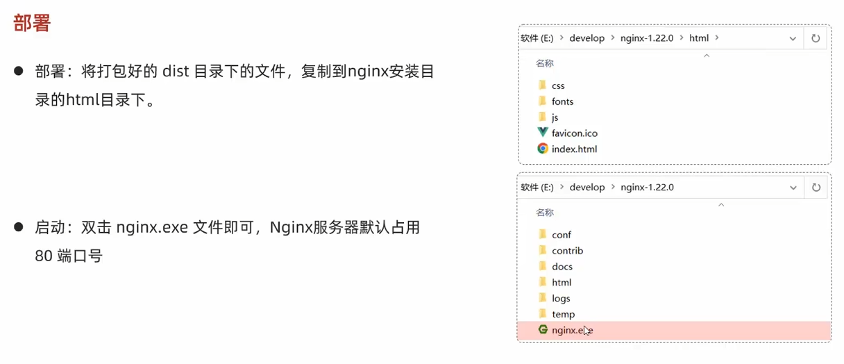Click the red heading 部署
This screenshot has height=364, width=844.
tap(32, 22)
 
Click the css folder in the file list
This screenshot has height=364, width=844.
tap(558, 85)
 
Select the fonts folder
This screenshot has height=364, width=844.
tap(562, 101)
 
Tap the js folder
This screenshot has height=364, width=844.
tap(555, 117)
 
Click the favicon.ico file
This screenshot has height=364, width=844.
tap(574, 133)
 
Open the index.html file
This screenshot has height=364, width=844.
tap(574, 149)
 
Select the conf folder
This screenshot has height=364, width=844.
tap(561, 235)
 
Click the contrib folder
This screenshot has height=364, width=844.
tap(567, 251)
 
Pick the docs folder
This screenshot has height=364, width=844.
tap(562, 267)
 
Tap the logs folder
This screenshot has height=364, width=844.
tap(561, 299)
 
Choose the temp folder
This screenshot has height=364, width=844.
tap(563, 315)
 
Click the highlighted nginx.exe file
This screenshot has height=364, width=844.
tap(572, 331)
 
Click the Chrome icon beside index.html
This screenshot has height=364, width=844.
tap(543, 149)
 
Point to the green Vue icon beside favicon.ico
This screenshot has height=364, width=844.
tap(543, 133)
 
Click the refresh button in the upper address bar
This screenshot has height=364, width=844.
tap(816, 38)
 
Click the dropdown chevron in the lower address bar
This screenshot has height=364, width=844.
tap(793, 188)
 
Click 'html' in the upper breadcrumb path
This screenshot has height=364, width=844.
tap(698, 38)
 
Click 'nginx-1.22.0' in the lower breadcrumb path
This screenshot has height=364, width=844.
tap(647, 188)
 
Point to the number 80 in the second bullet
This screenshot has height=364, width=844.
tap(44, 256)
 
